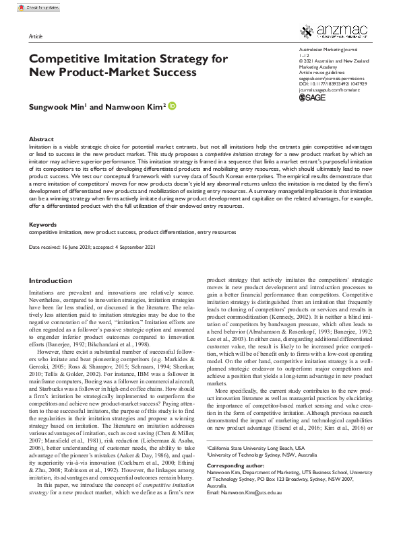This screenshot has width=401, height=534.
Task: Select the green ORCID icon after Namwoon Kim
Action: (x=171, y=106)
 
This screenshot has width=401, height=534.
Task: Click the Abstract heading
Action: (x=41, y=139)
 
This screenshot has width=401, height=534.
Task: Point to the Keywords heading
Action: (x=43, y=224)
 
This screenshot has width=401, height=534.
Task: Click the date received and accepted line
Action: (x=93, y=247)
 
